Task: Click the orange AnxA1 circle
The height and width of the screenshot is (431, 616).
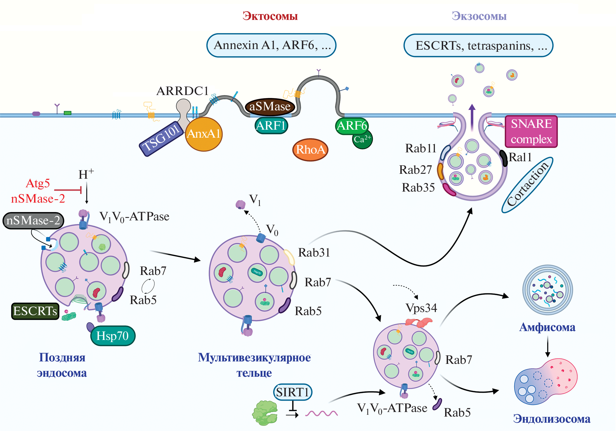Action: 204,134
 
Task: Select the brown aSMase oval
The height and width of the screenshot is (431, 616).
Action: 270,106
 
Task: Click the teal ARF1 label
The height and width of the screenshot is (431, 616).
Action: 271,126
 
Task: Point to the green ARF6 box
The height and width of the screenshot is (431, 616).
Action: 352,126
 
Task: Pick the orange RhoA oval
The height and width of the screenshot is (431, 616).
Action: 310,150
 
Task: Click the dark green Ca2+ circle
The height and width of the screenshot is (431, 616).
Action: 363,141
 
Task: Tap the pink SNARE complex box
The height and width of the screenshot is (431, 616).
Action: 531,132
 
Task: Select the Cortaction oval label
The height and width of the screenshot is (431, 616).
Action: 527,185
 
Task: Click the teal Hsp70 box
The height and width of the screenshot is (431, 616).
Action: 113,336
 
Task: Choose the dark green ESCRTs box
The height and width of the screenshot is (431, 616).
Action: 35,311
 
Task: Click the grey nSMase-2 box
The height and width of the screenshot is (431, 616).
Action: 33,220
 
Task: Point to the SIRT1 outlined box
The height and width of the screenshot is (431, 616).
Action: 292,392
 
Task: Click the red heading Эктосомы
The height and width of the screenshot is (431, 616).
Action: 270,16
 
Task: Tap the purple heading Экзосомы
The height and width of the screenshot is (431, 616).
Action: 479,16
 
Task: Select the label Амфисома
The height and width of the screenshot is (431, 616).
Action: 547,327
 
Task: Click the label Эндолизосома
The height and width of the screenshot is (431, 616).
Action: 552,419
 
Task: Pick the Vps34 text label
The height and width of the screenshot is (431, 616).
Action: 421,308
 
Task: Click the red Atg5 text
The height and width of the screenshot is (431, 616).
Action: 38,183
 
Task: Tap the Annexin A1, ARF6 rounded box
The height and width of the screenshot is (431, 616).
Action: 271,45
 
